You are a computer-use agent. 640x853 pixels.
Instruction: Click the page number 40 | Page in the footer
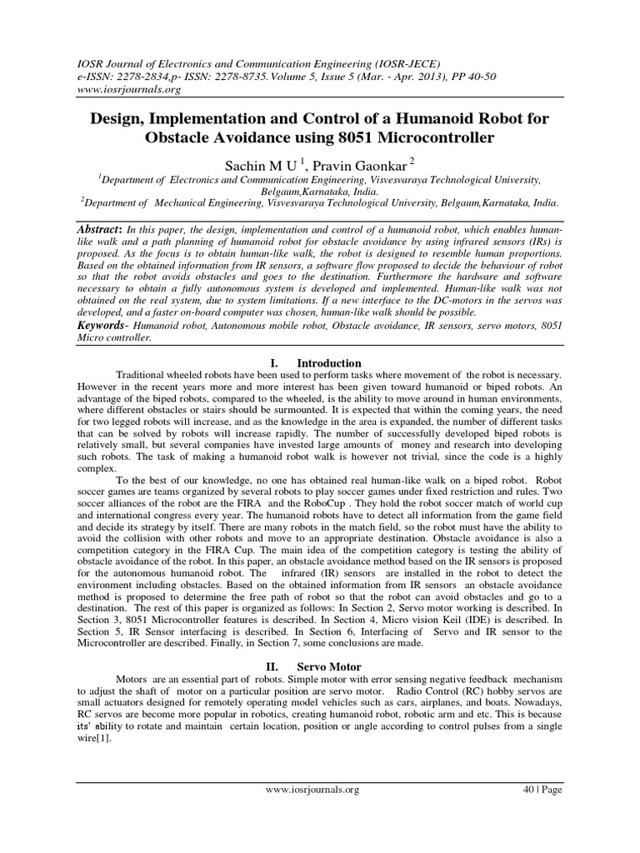541,790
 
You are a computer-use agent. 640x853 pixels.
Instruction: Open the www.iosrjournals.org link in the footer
312,790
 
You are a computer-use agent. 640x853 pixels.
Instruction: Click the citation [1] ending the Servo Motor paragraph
106,737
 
